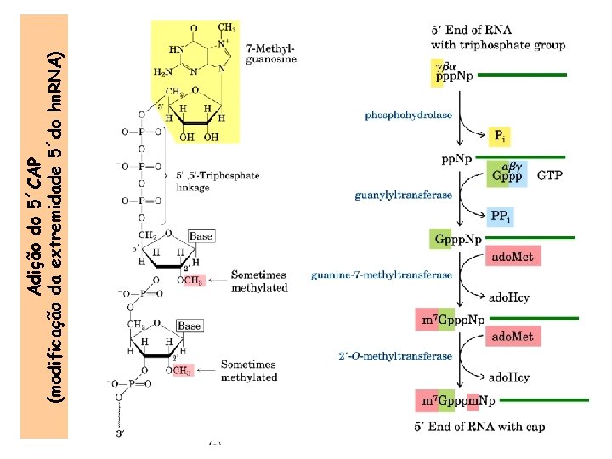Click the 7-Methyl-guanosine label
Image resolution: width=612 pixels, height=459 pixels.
[x=271, y=54]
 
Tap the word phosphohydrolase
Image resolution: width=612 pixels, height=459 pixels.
[x=409, y=114]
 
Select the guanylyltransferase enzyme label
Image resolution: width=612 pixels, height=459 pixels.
[x=403, y=195]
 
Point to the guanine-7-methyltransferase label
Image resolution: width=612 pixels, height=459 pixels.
[x=382, y=275]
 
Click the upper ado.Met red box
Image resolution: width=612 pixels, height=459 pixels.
[x=512, y=256]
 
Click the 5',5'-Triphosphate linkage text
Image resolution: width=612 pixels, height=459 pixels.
[x=217, y=182]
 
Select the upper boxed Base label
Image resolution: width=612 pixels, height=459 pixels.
[x=201, y=235]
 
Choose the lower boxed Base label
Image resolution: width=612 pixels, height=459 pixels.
[x=189, y=326]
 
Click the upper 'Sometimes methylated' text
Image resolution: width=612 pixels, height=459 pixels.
[x=258, y=281]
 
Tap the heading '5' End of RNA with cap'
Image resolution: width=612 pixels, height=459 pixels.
[x=479, y=427]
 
